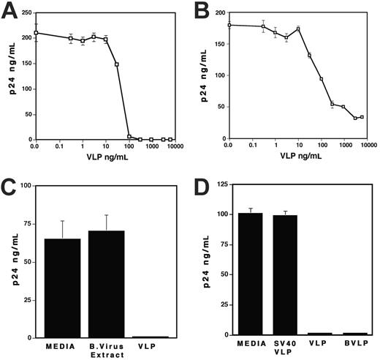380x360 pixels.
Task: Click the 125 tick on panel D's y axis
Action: pos(219,185)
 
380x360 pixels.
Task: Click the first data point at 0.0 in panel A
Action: pos(35,32)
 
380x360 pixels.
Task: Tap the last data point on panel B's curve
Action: pos(362,117)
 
